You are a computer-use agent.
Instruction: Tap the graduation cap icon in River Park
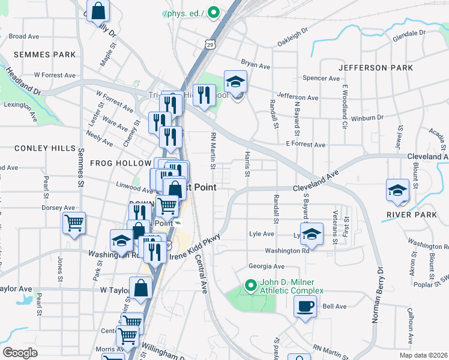coord(397,190)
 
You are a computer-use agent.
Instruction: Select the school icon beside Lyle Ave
coord(312,235)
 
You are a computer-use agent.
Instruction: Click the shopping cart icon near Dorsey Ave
coord(74,223)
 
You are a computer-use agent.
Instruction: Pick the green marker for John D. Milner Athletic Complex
coord(250,285)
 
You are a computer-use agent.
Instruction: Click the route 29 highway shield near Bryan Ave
coord(209,44)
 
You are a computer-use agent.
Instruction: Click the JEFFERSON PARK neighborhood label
coord(375,68)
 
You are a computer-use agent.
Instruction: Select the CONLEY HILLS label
coord(46,148)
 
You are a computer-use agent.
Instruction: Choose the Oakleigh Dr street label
coord(297,39)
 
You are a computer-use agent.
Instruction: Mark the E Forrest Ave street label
coord(305,145)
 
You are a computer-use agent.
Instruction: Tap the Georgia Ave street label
coord(267,266)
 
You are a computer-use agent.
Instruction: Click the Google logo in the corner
coord(20,353)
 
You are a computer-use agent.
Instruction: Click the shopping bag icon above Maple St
coord(99,10)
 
